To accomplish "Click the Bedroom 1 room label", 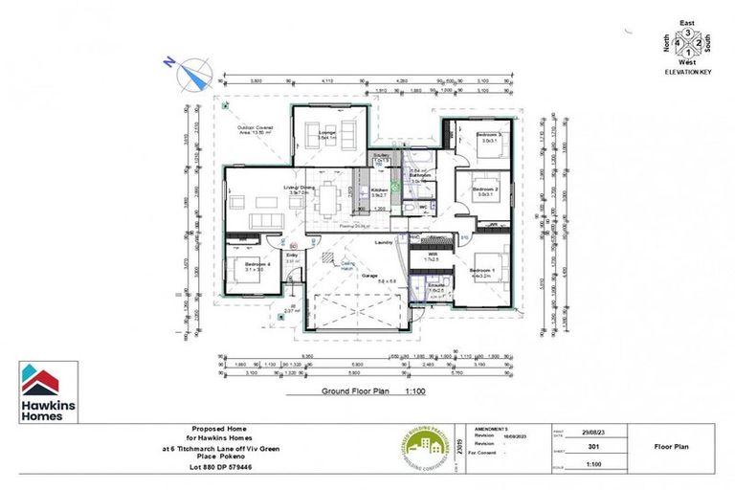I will click(481, 272).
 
